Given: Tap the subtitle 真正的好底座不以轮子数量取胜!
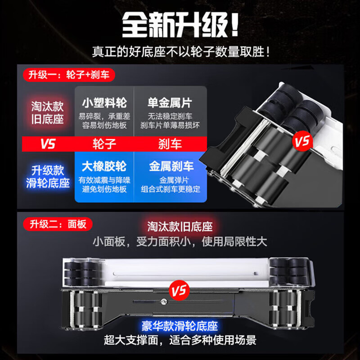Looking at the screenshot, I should (180, 52).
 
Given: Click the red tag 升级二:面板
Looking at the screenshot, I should (54, 223).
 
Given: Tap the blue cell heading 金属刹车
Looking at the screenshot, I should (171, 166).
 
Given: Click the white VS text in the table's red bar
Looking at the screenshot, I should (47, 144).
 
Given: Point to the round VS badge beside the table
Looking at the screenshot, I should (302, 142).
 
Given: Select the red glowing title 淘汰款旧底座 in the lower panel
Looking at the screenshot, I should (180, 226).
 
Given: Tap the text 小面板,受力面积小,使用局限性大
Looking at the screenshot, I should (180, 242).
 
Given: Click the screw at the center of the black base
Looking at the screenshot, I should (163, 302).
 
